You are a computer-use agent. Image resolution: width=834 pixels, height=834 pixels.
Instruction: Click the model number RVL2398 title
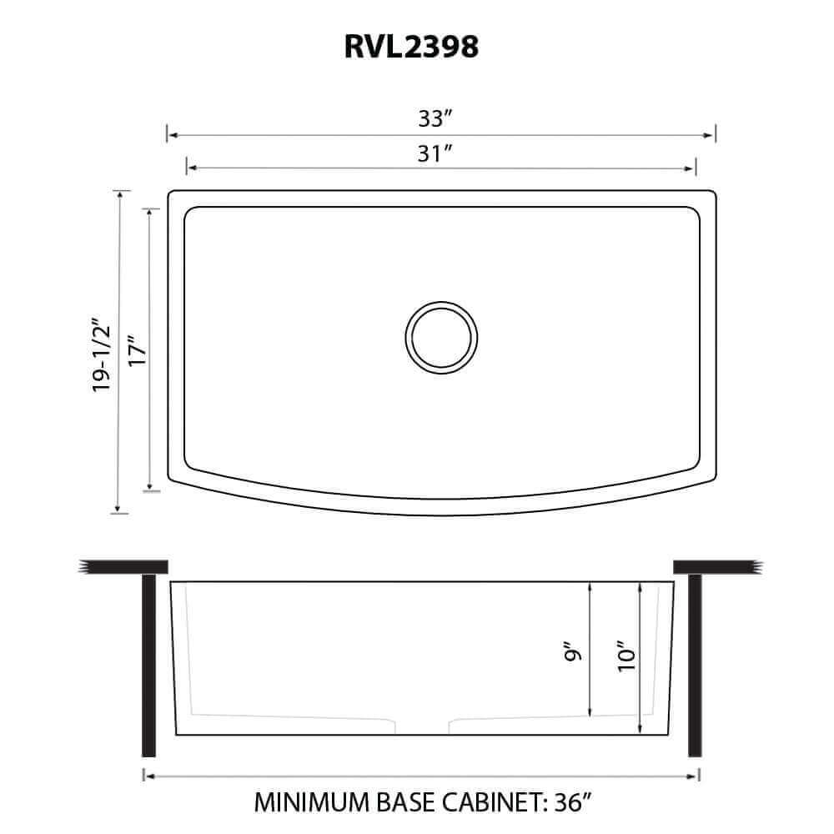(411, 47)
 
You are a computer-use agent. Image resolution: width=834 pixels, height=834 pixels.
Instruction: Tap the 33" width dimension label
(435, 118)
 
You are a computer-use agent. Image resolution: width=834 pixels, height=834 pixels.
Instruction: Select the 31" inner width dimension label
(434, 153)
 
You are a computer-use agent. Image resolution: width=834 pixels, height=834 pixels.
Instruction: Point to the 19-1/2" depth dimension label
(101, 354)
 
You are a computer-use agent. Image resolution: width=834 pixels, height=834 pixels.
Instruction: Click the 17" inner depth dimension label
(137, 350)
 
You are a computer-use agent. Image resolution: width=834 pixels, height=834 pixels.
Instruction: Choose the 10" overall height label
(626, 655)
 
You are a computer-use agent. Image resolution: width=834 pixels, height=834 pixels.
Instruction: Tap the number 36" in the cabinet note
(572, 802)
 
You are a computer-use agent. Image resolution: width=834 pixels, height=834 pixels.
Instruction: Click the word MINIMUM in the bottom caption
(312, 802)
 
